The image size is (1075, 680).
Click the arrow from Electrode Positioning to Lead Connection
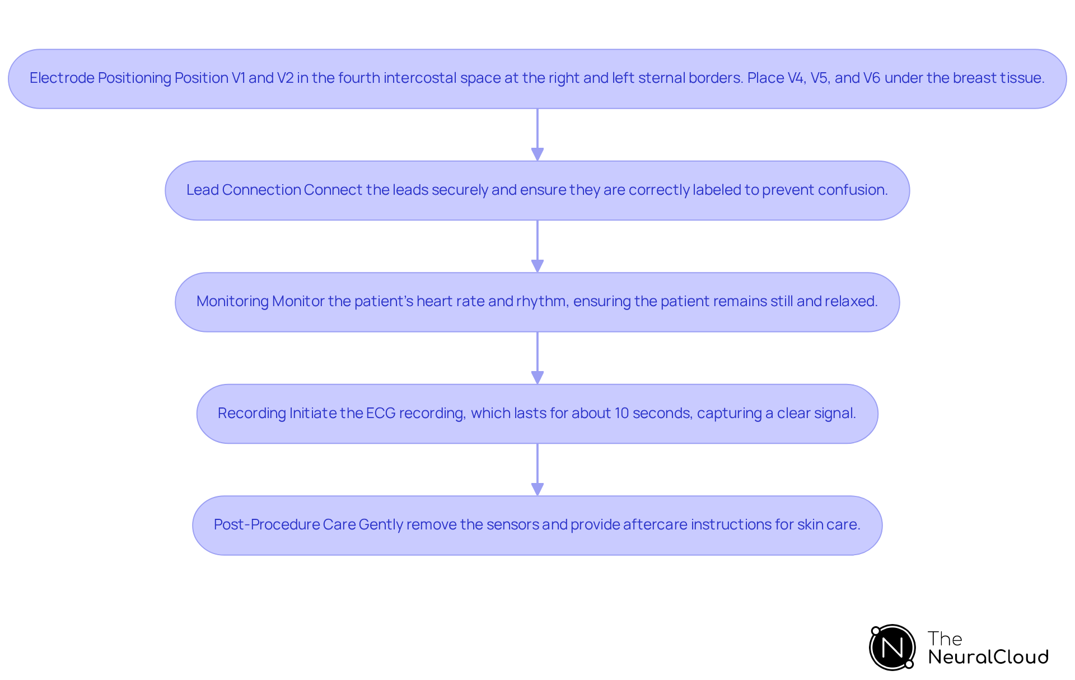pos(537,134)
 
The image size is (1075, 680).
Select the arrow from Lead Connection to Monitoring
pos(537,246)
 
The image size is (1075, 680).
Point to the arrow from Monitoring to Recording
pos(537,358)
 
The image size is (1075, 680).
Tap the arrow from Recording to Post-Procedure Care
pos(537,470)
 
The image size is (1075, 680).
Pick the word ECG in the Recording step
pos(381,413)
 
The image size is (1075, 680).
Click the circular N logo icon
pos(892,648)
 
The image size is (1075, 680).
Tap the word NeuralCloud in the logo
pos(988,657)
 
